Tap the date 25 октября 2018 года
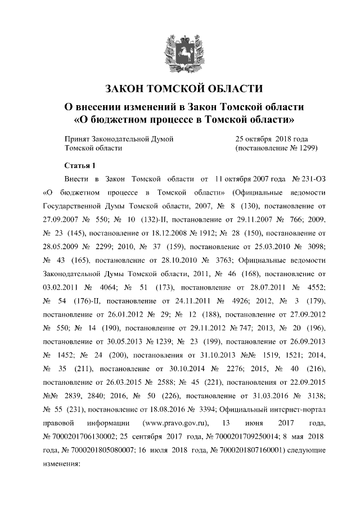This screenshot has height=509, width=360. (271, 138)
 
